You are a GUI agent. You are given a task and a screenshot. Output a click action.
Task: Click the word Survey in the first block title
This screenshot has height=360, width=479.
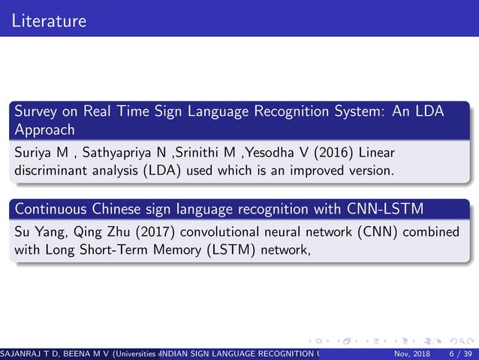[35, 112]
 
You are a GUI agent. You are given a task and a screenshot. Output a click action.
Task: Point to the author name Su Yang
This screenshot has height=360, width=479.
[39, 231]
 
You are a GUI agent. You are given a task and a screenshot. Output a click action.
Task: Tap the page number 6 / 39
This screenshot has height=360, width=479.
[459, 354]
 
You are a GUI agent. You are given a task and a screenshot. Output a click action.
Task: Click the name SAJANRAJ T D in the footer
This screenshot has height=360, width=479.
[30, 354]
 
